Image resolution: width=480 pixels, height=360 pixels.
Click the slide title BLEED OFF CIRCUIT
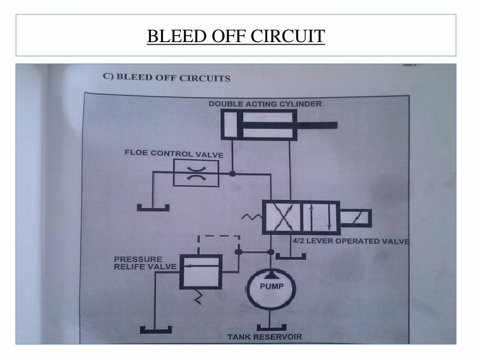click(236, 36)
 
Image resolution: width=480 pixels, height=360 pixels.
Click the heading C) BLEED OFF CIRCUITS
click(166, 77)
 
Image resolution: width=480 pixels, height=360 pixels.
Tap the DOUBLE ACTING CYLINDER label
click(265, 103)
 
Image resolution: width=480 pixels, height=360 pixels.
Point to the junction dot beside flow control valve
click(232, 173)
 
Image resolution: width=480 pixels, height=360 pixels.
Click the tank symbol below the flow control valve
click(153, 207)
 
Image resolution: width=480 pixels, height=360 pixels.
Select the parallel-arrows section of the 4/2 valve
click(321, 218)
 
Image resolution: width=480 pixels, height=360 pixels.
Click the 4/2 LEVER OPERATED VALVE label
click(350, 241)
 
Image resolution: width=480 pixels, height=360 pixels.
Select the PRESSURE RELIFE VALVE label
click(137, 263)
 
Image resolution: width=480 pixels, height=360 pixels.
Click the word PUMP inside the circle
click(271, 286)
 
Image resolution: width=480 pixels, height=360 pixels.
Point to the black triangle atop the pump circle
click(271, 273)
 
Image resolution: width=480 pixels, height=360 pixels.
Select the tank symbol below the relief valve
click(154, 327)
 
